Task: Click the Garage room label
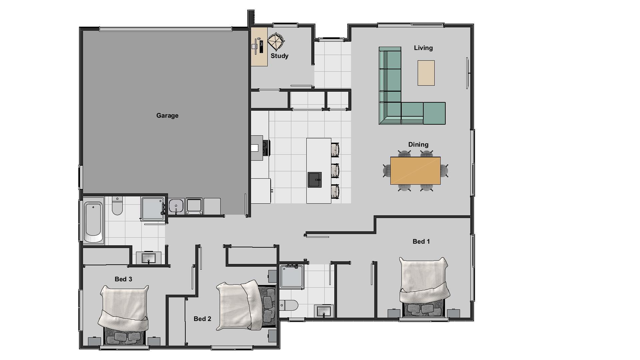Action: (167, 116)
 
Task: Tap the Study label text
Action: (279, 56)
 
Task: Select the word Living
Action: (423, 48)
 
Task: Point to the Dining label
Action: (418, 145)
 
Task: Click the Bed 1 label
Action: (421, 242)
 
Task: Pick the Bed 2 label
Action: (202, 319)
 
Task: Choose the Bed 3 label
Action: (123, 279)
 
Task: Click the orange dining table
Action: (415, 171)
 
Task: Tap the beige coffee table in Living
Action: (426, 73)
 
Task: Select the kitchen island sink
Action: (314, 180)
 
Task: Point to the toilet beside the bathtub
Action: (117, 206)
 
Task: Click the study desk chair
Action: (276, 42)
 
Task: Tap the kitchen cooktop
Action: (266, 148)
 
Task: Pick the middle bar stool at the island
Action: (335, 171)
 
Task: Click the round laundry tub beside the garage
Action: (176, 206)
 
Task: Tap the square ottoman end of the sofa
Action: (434, 113)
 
